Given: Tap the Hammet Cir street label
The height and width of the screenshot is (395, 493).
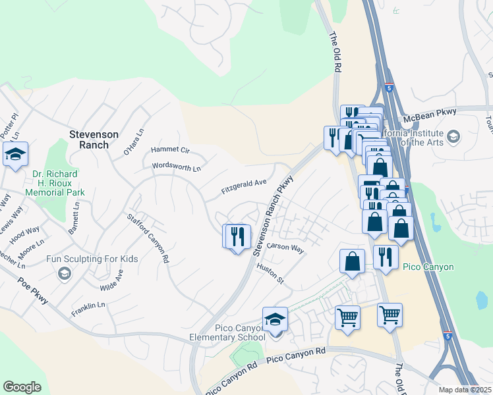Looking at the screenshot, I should pos(170,150).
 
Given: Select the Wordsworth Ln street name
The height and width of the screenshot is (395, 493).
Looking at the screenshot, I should pos(176,167).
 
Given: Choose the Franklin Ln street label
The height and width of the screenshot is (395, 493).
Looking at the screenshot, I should pos(88,305).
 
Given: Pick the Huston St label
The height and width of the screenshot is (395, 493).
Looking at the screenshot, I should pos(270,273).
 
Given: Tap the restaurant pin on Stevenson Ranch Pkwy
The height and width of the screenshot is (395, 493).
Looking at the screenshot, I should pos(238,236).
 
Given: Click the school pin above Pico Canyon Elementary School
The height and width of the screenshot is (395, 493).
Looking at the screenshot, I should pos(275,320).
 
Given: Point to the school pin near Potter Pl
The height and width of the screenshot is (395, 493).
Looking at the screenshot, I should pos(15,155).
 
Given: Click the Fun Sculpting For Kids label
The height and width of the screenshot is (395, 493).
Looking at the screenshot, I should pos(92,259).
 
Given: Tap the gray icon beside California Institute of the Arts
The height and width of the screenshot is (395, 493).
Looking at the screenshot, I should pos(453,136).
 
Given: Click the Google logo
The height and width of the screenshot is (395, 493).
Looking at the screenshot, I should pos(22,387).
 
